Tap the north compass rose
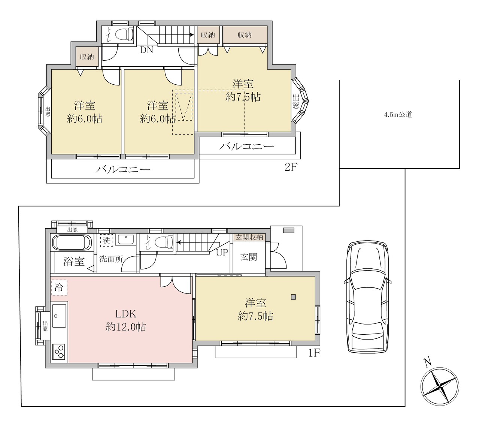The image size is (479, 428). point(440,387)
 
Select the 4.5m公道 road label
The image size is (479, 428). point(398,115)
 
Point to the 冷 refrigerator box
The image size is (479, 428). point(59,287)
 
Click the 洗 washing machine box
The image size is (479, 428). point(107,240)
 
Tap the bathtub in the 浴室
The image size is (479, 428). point(72,242)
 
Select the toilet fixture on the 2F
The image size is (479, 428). point(125,34)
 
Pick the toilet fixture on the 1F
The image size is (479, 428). point(164,242)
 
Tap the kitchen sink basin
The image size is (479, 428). point(59,316)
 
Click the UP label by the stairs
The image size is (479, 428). point(222,253)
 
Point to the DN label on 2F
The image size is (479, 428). point(146,50)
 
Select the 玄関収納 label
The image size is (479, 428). point(249,237)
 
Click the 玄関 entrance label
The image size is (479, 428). point(249,257)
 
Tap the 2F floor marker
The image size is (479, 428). point(291,168)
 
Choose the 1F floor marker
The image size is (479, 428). point(314,353)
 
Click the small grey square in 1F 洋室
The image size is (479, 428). point(293,297)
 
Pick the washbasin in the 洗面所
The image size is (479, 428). point(126,239)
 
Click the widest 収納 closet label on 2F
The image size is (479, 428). point(245,35)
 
